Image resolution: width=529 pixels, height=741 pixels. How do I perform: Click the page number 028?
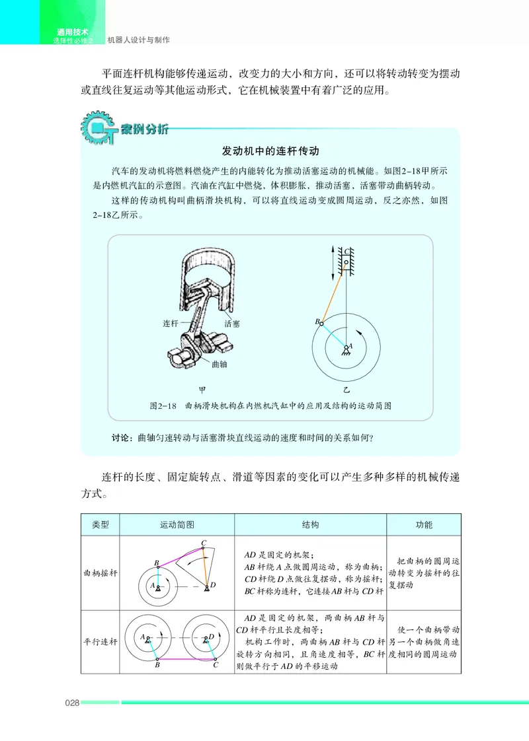pyautogui.click(x=71, y=703)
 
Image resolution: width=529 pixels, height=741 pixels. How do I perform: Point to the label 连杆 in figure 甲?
pyautogui.click(x=171, y=324)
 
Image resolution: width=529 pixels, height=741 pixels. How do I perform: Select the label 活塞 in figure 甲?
pyautogui.click(x=232, y=324)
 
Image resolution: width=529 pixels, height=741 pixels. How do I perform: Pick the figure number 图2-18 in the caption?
pyautogui.click(x=162, y=406)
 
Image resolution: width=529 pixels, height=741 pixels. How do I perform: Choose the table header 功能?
pyautogui.click(x=424, y=525)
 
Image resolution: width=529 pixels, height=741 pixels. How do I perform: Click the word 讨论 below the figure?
pyautogui.click(x=124, y=438)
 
